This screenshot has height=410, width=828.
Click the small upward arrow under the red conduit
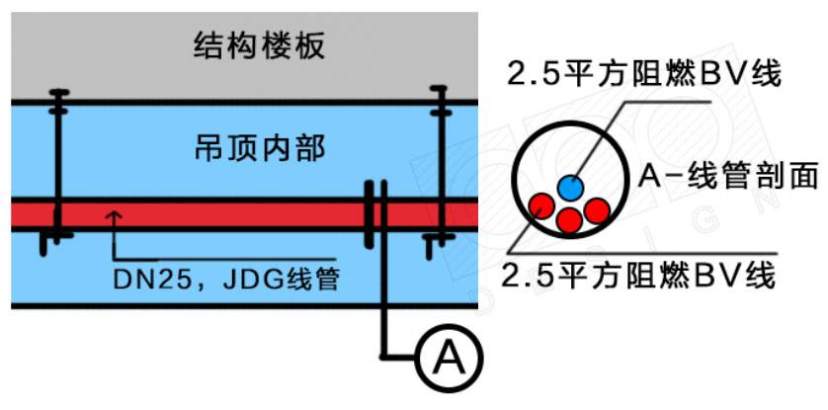point(116,214)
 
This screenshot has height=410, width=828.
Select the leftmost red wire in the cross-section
point(539,205)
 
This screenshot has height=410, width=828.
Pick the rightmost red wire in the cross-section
point(596,209)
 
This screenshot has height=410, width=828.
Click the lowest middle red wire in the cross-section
point(568,219)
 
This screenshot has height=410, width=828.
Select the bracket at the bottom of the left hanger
point(55,237)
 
